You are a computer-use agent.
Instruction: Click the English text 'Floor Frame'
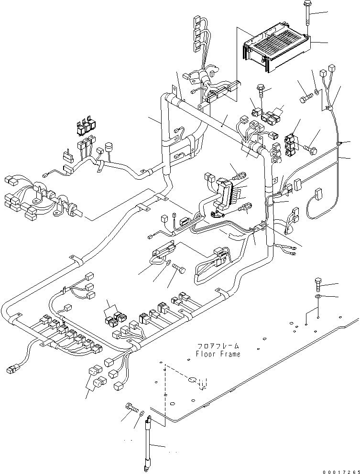218,354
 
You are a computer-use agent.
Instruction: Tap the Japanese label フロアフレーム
218,345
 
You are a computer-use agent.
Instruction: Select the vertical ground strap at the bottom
149,442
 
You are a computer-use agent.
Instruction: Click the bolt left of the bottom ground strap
130,407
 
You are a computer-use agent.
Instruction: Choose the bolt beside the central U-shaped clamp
180,269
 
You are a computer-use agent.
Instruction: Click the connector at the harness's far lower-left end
11,369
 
